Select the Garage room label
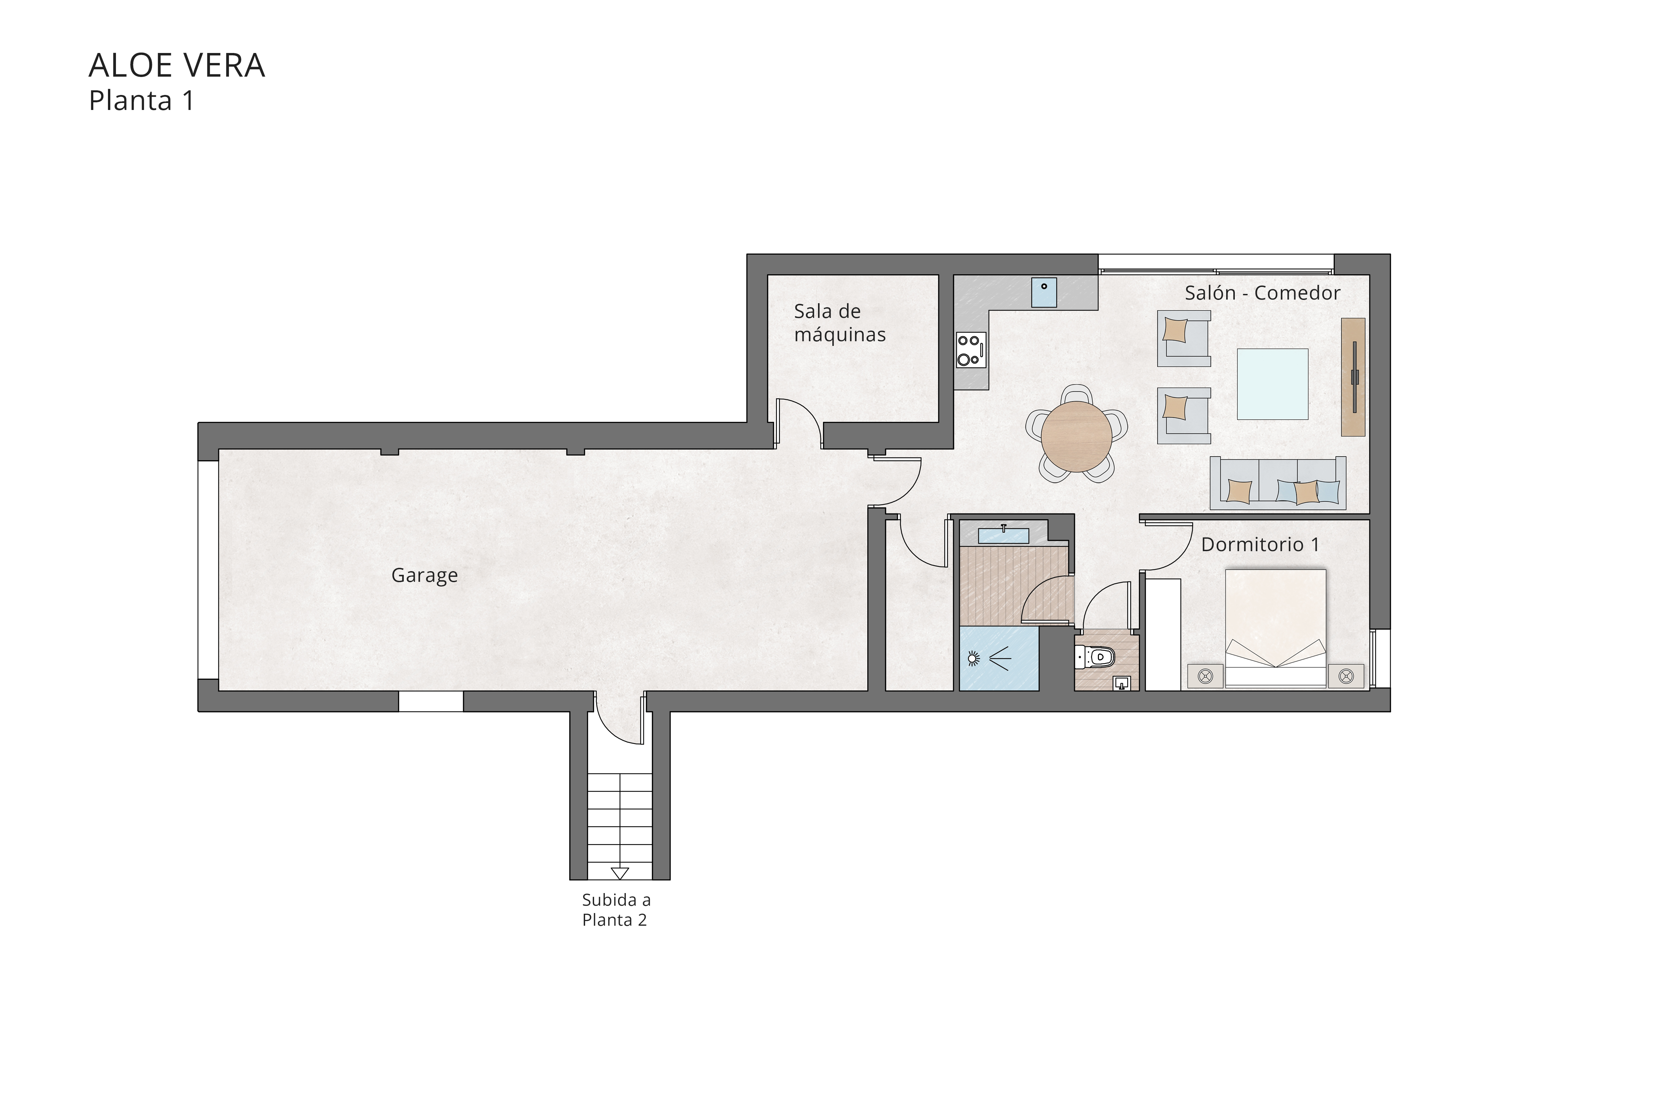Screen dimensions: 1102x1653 coord(424,575)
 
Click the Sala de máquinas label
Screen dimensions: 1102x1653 coord(839,323)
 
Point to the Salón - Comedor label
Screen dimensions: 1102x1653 coord(1262,293)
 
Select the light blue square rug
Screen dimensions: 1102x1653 coord(1272,385)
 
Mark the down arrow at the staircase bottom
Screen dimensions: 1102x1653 coord(619,873)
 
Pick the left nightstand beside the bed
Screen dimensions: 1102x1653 coord(1205,676)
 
